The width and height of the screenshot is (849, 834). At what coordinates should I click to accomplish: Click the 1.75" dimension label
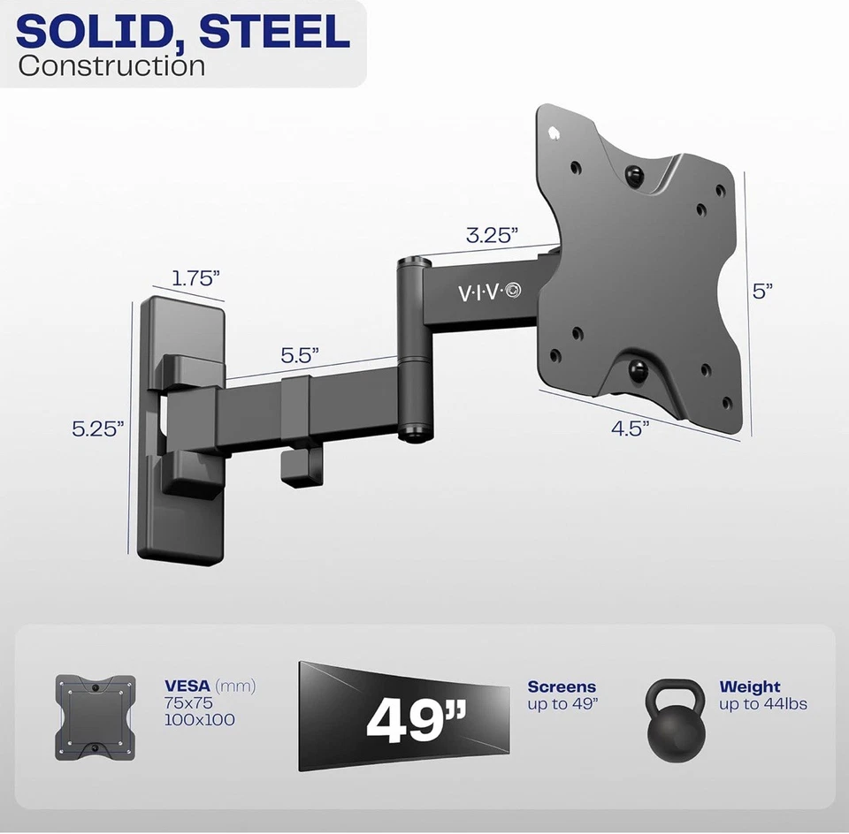coord(195,277)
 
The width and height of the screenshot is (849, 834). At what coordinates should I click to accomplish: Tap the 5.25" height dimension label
coord(98,428)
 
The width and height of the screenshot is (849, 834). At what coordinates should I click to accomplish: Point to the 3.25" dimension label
coord(492,235)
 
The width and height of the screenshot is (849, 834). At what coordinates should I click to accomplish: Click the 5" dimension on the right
coord(763,292)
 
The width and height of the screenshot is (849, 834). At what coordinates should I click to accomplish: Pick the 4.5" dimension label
coord(631,428)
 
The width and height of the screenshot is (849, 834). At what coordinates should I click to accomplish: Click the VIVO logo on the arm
coord(489,292)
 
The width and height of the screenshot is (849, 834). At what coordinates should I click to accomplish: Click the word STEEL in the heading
coord(274,32)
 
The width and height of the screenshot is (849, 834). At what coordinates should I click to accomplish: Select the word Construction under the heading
coord(111,66)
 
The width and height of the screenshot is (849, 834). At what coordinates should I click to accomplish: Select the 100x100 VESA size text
coord(200,720)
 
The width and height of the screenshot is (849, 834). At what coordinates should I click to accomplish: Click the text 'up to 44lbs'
coord(763,704)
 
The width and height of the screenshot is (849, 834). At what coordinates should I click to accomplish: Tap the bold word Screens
coord(562,686)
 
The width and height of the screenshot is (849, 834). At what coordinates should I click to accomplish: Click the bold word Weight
coord(750,686)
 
